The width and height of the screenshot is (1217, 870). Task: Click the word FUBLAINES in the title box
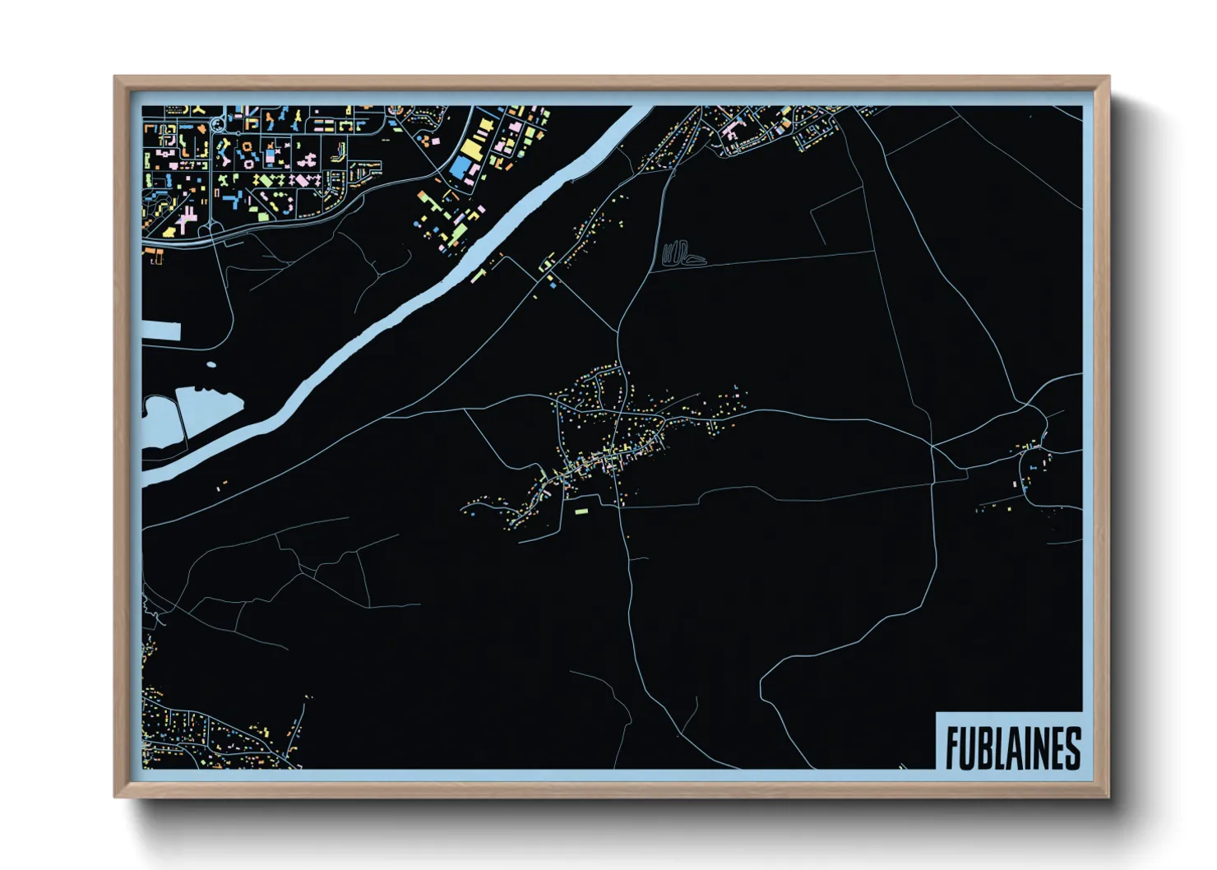(x=1012, y=747)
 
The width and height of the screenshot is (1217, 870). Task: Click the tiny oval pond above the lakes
(x=211, y=364)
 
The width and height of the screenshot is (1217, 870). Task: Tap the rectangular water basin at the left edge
(x=161, y=331)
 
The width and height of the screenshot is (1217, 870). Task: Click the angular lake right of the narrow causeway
(x=207, y=408)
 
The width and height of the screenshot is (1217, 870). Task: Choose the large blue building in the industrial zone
(x=460, y=169)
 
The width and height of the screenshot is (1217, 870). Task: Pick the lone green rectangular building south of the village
(x=581, y=511)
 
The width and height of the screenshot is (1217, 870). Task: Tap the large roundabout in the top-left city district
(x=217, y=125)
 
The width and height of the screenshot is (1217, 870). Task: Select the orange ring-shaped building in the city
(x=247, y=146)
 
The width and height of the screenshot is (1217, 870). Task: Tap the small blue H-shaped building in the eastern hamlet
(x=1032, y=467)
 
